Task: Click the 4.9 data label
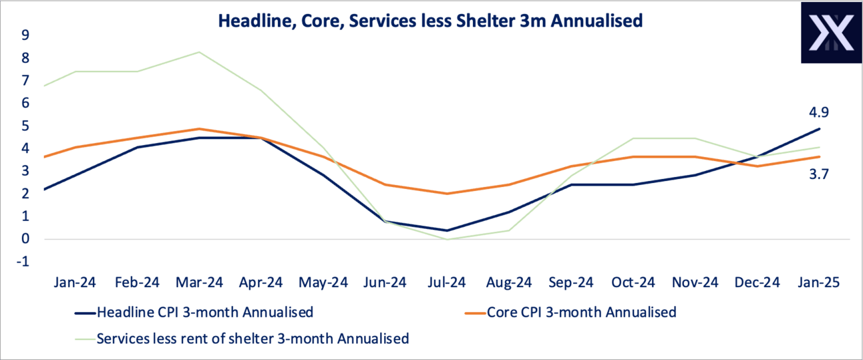click(x=820, y=112)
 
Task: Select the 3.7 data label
click(x=820, y=175)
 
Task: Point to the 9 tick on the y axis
click(x=25, y=35)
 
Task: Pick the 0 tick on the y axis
click(x=25, y=239)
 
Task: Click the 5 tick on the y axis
click(x=25, y=126)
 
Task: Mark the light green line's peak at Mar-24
click(x=198, y=52)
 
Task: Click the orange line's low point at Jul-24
click(x=447, y=194)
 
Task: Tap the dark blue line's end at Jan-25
click(x=820, y=129)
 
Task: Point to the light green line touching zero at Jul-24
click(x=447, y=239)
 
